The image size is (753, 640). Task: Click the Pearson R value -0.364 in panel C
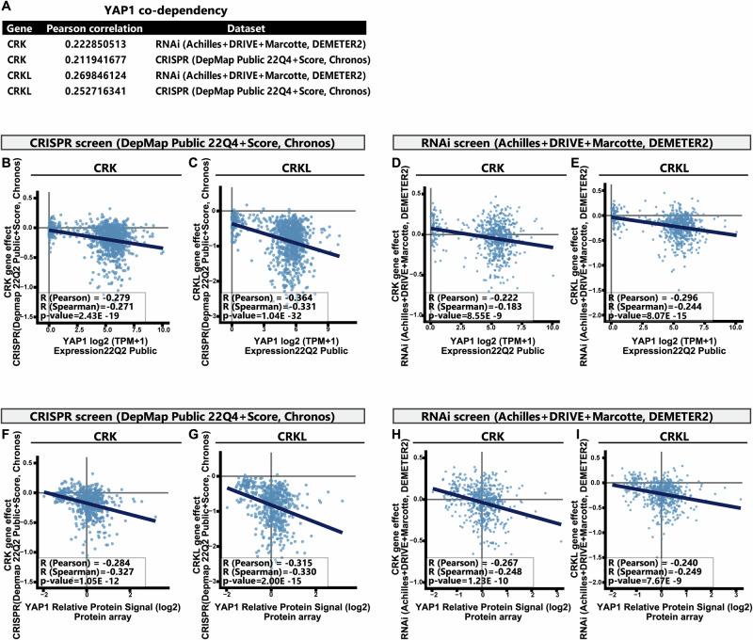click(277, 298)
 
